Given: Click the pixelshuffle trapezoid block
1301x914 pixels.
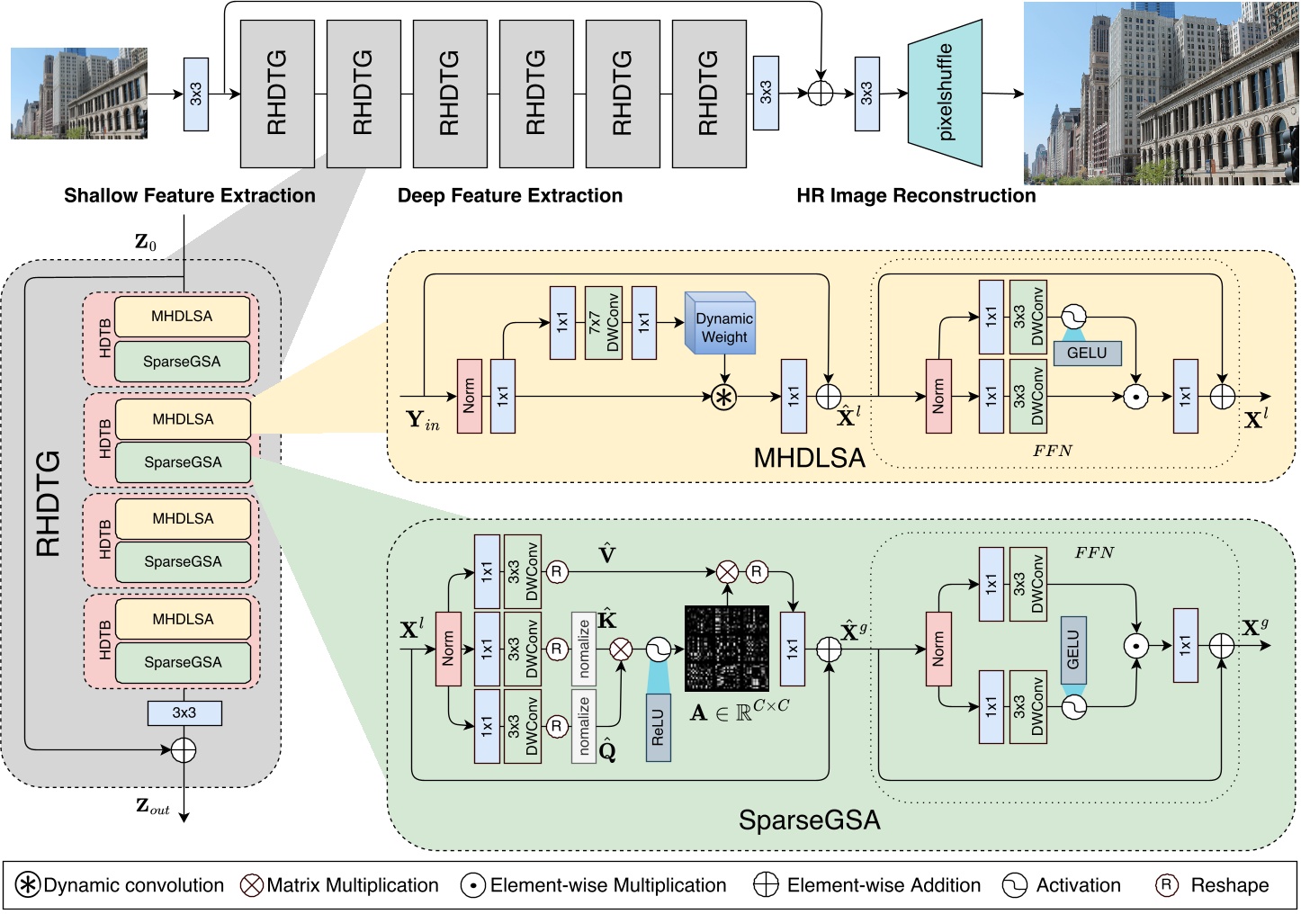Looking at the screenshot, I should point(945,93).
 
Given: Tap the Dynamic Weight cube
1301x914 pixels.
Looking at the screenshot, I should point(721,323).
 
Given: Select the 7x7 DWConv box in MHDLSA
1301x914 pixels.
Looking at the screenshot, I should point(604,323).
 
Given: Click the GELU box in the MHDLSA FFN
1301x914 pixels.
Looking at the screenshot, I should point(1087,353).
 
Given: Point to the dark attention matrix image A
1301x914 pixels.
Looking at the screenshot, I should point(727,648).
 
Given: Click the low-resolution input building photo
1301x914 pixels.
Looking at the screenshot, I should point(79,94).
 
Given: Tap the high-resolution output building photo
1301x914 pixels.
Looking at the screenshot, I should point(1161,94).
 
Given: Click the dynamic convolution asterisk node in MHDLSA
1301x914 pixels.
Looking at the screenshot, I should point(724,397).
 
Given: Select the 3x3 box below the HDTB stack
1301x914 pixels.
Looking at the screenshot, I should point(184,712).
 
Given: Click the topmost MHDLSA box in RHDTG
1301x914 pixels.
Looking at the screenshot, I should point(183,317).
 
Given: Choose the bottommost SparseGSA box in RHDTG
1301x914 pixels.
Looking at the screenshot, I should point(183,662).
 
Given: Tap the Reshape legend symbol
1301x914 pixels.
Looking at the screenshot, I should point(1167,885).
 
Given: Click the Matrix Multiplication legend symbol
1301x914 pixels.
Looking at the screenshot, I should point(252,885).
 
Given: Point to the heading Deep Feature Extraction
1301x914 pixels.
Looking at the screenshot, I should point(510,195).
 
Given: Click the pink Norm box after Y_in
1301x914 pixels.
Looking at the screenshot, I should point(470,396).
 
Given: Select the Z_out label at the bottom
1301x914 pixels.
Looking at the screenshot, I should point(152,807).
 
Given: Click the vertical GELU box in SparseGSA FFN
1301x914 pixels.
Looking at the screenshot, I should point(1073,650).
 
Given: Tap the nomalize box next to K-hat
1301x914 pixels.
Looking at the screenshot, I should point(584,648).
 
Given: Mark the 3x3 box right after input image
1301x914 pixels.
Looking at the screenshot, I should point(196,94).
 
